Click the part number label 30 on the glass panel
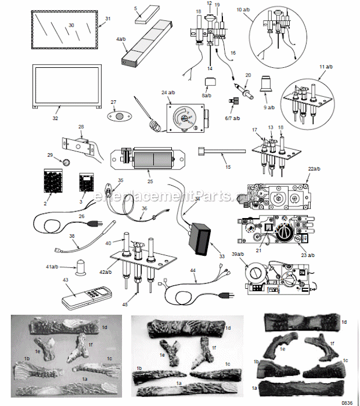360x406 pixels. [x=71, y=25]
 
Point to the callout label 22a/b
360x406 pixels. [x=314, y=169]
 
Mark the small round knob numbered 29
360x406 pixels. [x=66, y=161]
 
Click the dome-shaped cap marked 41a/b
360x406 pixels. [x=81, y=265]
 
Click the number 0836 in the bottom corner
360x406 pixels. [x=346, y=402]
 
